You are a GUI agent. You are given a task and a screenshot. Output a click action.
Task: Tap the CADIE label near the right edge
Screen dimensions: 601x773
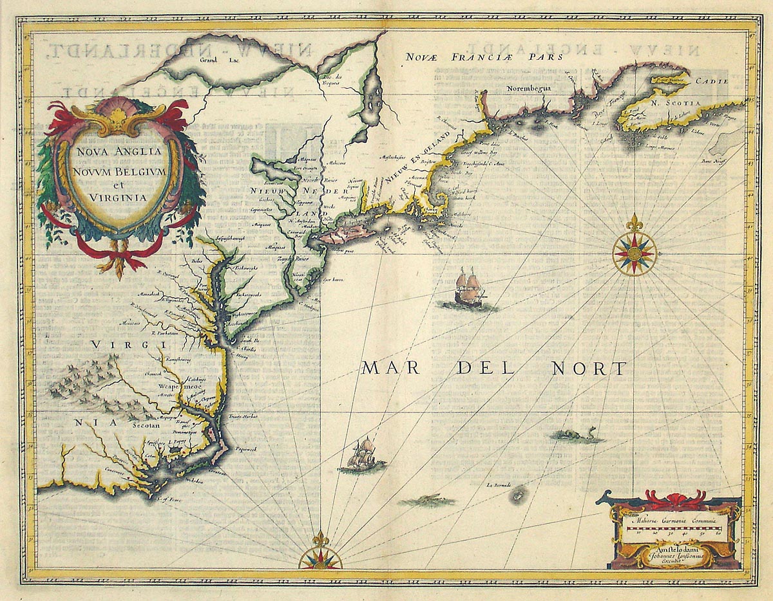[x=712, y=82]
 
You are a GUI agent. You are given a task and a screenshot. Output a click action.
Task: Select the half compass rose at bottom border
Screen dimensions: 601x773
[x=320, y=557]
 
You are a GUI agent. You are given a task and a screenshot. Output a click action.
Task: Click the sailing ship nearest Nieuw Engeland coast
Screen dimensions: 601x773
[x=469, y=288]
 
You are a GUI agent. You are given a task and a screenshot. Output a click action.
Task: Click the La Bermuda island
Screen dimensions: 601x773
[x=516, y=495]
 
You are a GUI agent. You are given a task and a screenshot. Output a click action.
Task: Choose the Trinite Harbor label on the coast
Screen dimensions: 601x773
[x=244, y=417]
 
